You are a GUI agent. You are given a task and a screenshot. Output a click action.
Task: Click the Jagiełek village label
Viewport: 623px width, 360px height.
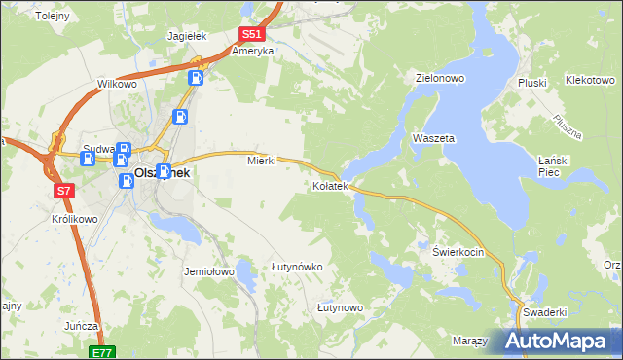tap(189, 35)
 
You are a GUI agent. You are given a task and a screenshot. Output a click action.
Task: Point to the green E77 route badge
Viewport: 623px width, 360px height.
tap(103, 352)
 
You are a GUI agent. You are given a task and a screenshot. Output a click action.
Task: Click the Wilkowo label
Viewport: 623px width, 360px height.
tap(117, 85)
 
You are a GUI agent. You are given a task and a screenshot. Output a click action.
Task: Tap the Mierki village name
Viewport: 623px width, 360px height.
tap(262, 161)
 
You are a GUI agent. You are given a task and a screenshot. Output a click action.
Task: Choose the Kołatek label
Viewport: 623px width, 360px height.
tap(330, 185)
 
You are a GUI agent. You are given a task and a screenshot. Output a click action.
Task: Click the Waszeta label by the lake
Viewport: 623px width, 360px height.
tap(434, 138)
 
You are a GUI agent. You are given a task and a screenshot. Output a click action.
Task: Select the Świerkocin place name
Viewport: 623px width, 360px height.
tap(458, 250)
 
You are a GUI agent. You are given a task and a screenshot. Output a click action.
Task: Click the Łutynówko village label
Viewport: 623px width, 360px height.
tap(297, 266)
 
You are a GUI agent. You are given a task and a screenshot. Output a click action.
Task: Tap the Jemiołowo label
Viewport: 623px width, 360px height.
tap(209, 271)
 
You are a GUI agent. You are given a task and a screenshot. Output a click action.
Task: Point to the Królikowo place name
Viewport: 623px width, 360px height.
tap(74, 219)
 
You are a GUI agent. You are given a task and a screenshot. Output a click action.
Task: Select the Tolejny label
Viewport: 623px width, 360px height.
tap(53, 16)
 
